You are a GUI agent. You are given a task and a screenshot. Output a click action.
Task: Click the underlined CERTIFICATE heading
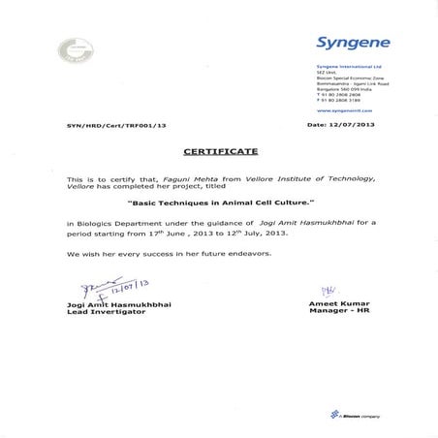coord(220,152)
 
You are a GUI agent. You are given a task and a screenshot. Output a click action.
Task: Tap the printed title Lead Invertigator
coord(104,312)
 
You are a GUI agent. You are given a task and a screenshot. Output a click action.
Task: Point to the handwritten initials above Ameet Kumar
coord(328,288)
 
